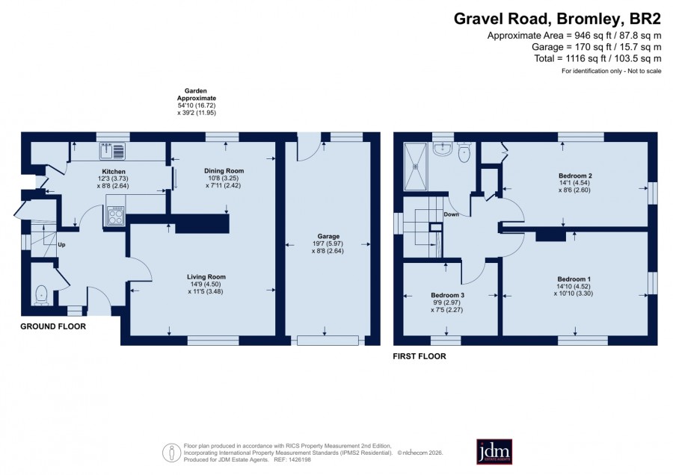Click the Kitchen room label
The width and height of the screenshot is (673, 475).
click(114, 172)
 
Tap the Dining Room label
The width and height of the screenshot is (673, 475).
click(224, 170)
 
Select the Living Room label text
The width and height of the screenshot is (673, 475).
click(206, 277)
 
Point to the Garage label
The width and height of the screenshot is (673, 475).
click(328, 236)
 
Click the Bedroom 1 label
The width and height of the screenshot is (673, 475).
click(574, 279)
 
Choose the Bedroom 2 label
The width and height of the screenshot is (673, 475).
click(575, 176)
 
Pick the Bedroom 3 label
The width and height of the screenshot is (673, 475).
click(448, 295)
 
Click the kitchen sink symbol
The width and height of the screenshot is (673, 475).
click(112, 151)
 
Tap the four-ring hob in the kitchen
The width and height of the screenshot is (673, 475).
click(115, 216)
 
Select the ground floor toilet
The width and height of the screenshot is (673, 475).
click(41, 295)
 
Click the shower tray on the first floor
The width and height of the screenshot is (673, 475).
click(416, 167)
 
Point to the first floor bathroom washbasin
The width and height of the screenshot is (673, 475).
click(442, 149)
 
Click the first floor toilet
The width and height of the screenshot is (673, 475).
click(464, 152)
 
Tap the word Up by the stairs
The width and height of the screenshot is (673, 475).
click(61, 245)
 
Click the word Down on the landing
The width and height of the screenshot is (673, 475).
click(451, 214)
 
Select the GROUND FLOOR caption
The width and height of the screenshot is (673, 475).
click(53, 326)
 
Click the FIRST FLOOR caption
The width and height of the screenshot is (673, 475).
click(420, 356)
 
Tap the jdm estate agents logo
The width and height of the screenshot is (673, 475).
click(494, 451)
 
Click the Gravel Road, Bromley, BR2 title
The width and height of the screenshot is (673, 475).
click(558, 19)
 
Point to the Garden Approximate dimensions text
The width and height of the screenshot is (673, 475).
click(197, 102)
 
